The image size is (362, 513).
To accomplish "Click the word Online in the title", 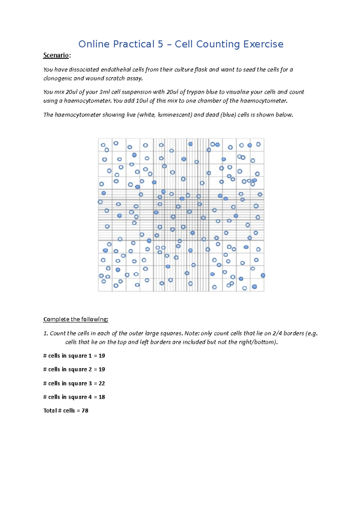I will coord(94,44).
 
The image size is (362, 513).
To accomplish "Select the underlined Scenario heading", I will coord(56,55).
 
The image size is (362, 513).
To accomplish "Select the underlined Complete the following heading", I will coord(75,319).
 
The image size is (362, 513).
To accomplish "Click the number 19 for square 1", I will coord(102,356).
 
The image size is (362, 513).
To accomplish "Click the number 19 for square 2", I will coord(102,369).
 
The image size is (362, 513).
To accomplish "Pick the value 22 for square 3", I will coord(102,383).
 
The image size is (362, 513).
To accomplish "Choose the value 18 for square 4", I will coord(102,397).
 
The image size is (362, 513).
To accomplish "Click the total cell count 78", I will coord(85,411).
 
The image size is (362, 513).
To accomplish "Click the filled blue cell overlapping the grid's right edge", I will coord(263,275).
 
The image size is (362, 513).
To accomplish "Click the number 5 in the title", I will coord(160,44).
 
